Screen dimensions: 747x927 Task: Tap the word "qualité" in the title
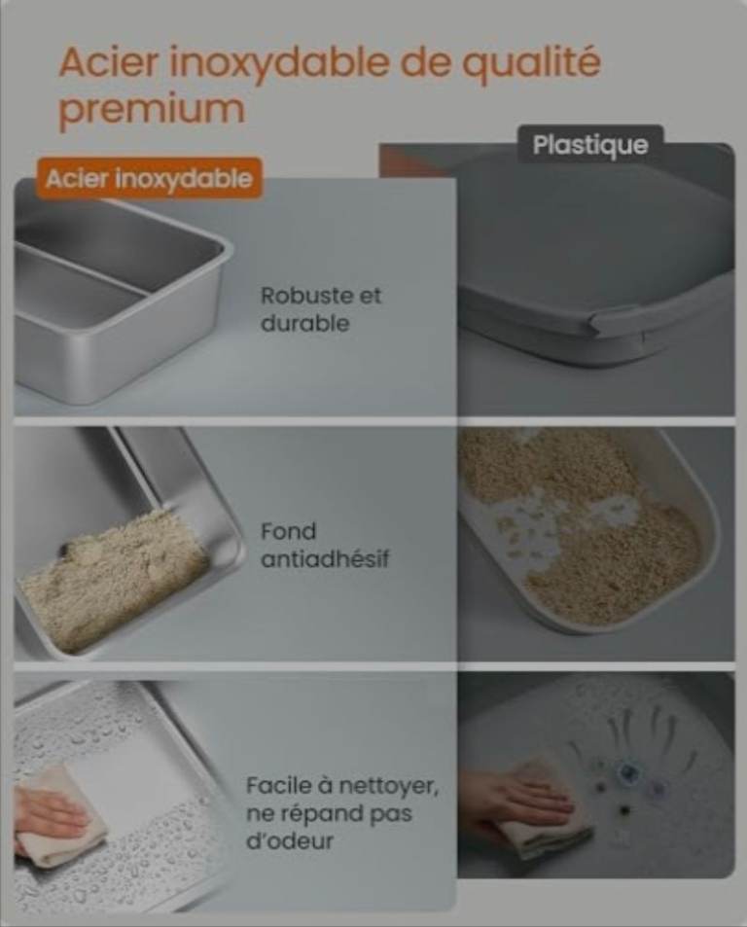[x=531, y=64]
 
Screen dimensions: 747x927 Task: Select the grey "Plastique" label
[x=590, y=145]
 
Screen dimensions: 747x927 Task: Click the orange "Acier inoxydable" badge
[x=149, y=178]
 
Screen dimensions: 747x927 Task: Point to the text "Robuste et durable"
[x=321, y=309]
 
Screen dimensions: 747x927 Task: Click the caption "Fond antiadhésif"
[x=325, y=545]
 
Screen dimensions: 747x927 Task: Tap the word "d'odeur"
[x=290, y=840]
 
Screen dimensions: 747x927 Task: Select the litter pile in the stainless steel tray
[x=112, y=581]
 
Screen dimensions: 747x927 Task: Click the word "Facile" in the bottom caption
[x=277, y=786]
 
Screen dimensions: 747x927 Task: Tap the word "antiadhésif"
[x=325, y=558]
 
